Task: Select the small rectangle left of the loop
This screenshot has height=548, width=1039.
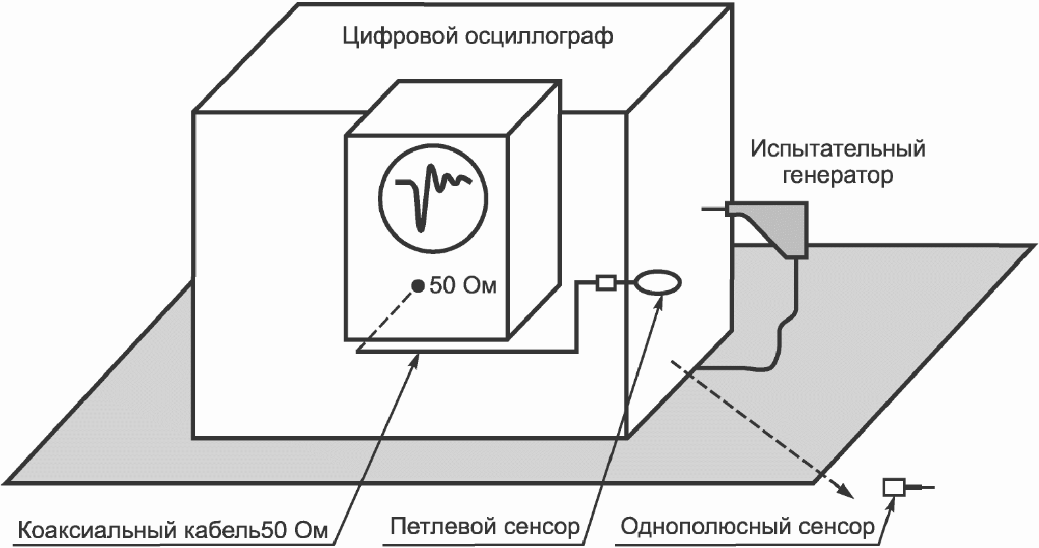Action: point(605,283)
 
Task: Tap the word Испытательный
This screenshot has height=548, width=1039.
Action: point(838,149)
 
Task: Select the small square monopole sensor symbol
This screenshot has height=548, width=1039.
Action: point(893,487)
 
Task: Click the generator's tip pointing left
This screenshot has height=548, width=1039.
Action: point(713,209)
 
